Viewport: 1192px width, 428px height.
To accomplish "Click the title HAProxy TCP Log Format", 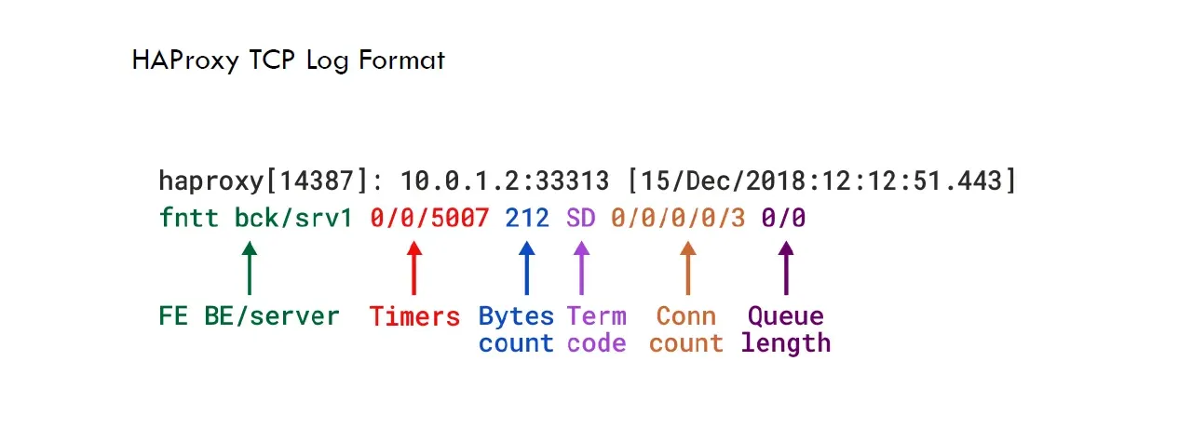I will [289, 61].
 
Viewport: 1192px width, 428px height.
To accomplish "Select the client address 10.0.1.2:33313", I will [504, 181].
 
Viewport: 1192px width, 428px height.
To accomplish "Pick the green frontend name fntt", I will [188, 220].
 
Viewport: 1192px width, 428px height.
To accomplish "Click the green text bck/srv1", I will [293, 220].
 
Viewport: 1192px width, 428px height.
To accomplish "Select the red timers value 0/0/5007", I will [429, 220].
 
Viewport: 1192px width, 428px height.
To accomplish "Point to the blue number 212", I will [528, 220].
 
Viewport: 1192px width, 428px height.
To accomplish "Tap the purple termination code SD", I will [580, 220].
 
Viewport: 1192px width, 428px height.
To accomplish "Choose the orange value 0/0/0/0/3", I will [678, 220].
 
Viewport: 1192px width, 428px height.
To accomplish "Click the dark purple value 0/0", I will [783, 220].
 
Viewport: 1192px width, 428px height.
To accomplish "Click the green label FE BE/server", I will [249, 316].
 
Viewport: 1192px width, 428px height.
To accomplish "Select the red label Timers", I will [414, 317].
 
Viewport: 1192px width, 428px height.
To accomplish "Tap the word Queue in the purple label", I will [785, 316].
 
